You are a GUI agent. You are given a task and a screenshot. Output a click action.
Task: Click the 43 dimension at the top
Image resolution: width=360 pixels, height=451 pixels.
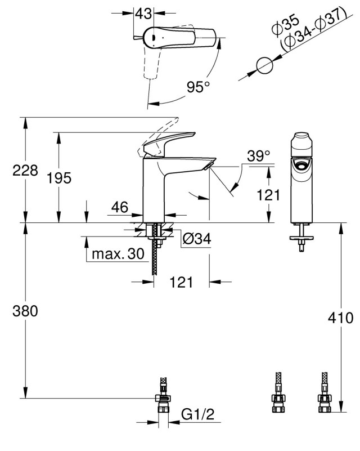click(x=143, y=13)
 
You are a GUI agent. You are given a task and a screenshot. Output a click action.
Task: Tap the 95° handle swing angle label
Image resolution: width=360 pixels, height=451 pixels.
click(x=198, y=87)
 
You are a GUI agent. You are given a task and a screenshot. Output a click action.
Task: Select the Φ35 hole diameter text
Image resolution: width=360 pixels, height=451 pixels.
click(x=286, y=26)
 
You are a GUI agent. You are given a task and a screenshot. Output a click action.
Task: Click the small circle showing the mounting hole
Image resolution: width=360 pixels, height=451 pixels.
click(x=264, y=65)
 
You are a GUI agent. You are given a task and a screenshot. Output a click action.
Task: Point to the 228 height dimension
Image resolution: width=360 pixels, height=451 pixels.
click(x=25, y=170)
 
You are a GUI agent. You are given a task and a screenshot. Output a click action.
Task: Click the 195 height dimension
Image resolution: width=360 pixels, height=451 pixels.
click(x=59, y=178)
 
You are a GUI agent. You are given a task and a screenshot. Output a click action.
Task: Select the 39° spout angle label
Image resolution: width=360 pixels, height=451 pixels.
click(x=259, y=156)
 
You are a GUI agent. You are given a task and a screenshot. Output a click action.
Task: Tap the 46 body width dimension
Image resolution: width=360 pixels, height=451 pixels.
click(x=120, y=207)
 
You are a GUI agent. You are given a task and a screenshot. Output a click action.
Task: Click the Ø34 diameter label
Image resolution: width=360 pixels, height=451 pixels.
click(x=197, y=238)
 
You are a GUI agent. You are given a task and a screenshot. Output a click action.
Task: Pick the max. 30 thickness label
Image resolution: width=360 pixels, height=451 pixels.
click(x=118, y=254)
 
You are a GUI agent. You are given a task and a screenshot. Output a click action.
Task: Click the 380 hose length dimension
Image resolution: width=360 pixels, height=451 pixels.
click(x=25, y=311)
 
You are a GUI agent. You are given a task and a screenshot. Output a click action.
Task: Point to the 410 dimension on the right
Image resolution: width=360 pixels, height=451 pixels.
click(x=341, y=318)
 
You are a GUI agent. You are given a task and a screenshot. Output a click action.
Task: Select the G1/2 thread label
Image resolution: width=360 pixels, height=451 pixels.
click(x=198, y=414)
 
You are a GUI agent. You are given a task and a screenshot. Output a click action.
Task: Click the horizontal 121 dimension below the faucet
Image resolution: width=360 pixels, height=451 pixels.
click(x=181, y=282)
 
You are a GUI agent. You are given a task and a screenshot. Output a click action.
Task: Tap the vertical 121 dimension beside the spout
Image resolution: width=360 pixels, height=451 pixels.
click(x=268, y=195)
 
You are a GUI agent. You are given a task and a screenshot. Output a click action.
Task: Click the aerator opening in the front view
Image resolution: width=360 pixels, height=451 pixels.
click(x=301, y=166)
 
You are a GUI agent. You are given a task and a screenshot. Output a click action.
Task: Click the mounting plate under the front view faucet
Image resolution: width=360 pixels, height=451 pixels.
click(x=301, y=238)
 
